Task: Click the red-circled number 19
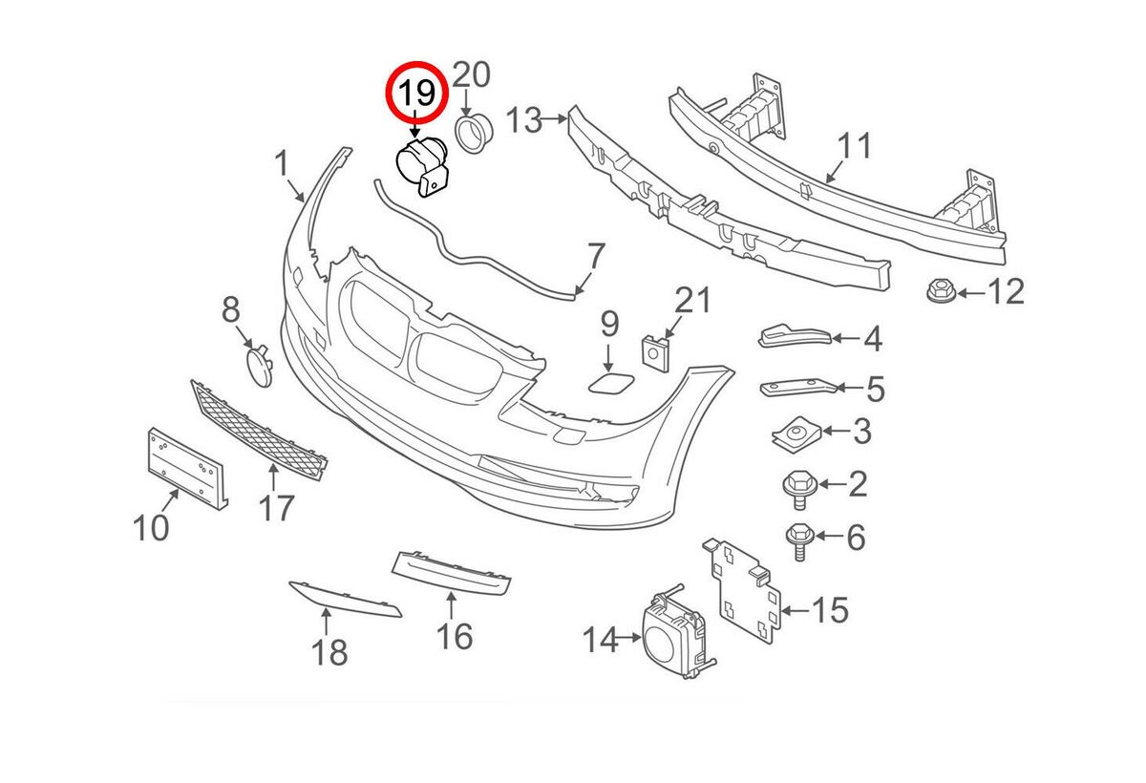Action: pos(415,94)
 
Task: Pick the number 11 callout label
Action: pos(855,148)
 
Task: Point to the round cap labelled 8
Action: pos(257,366)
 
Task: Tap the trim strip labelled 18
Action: pos(345,597)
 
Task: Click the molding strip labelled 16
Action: pos(451,571)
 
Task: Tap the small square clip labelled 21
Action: pos(654,350)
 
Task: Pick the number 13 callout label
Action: pos(524,121)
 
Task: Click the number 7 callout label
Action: pos(595,256)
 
